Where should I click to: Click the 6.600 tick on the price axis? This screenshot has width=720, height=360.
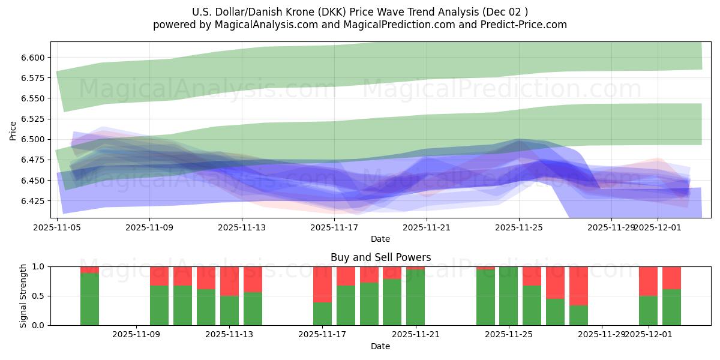point(34,58)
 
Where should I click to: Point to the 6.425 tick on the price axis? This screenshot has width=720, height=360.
point(34,201)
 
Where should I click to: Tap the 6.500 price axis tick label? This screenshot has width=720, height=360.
point(34,139)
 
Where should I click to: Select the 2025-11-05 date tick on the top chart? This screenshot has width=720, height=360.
point(57,227)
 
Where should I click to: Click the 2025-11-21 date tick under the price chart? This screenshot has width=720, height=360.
point(427,227)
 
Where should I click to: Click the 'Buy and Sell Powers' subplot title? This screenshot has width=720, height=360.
point(380,257)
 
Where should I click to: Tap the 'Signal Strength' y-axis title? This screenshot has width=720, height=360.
point(23,296)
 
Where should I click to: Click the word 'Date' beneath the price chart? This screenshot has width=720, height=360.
point(380,239)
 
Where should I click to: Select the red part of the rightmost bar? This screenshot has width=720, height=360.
point(671,278)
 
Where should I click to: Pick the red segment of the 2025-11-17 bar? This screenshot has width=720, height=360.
point(322,284)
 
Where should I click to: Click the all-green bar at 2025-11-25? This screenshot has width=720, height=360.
point(508,296)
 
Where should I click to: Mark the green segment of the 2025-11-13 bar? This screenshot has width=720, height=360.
point(229,310)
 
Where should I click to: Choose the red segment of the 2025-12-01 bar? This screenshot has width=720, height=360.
point(648,281)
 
